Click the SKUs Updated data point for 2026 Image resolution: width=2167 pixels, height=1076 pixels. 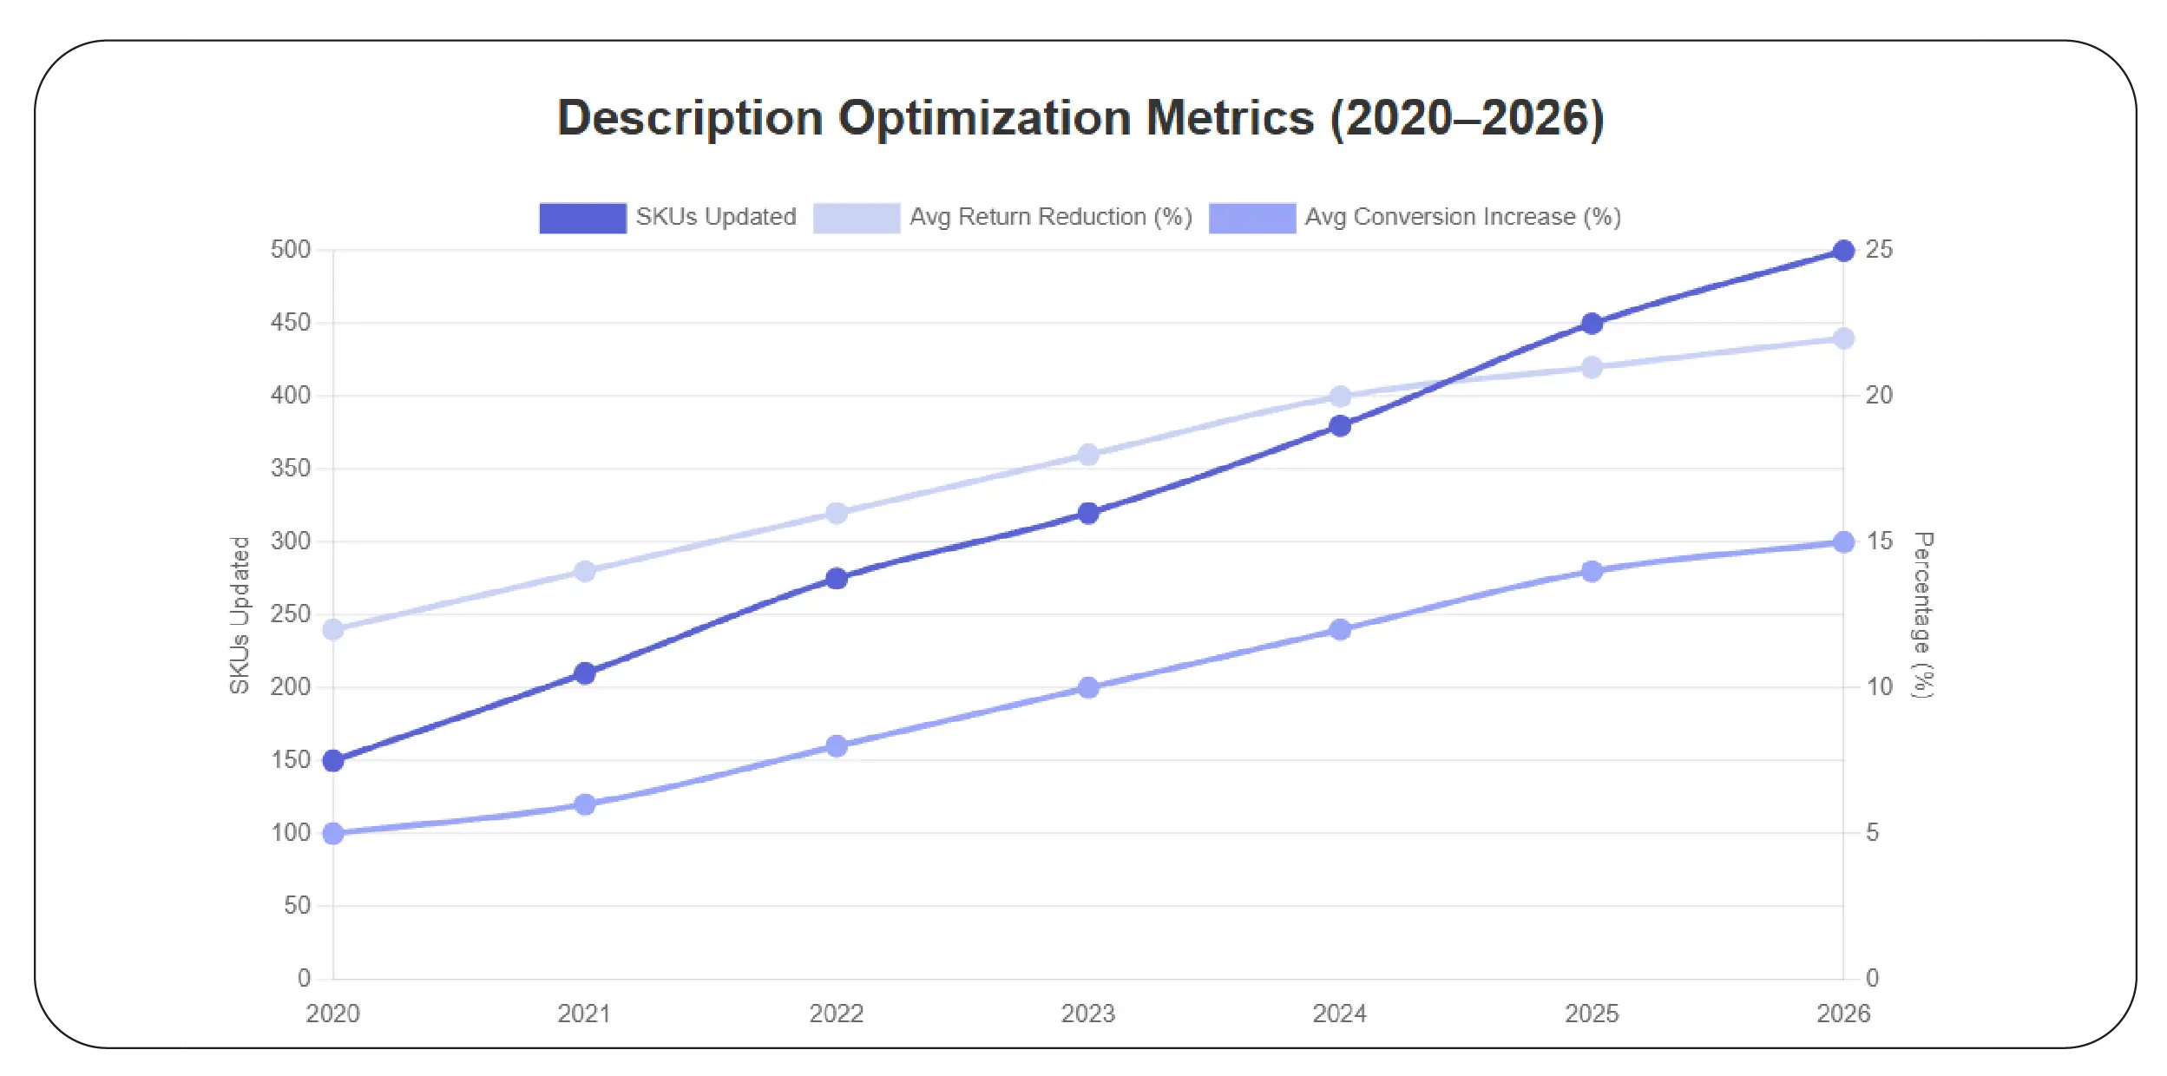(1842, 251)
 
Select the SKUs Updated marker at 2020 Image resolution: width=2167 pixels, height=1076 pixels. (333, 761)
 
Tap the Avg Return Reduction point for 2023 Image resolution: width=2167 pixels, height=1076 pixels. (1088, 455)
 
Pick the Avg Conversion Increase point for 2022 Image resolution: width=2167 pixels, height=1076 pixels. (837, 746)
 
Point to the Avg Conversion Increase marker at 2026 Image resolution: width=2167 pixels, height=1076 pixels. (1842, 542)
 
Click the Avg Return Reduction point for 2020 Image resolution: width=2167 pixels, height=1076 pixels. (333, 630)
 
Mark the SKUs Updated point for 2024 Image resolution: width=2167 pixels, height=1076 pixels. (1340, 426)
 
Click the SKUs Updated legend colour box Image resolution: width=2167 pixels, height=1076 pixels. (582, 218)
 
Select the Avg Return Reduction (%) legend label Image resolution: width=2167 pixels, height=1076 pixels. (1050, 217)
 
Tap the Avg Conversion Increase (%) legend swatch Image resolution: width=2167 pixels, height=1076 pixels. (1251, 218)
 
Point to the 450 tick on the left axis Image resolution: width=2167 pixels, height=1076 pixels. (290, 323)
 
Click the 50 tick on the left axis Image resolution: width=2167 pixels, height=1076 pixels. (297, 906)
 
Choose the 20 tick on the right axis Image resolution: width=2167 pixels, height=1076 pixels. (1879, 396)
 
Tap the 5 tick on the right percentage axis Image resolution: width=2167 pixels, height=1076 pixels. (1872, 833)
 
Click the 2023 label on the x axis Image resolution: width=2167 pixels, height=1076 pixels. (1088, 1014)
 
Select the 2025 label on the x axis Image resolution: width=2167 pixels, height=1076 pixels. (1591, 1014)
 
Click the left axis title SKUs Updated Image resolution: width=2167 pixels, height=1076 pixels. (240, 614)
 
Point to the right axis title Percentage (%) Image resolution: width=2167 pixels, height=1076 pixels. (1923, 614)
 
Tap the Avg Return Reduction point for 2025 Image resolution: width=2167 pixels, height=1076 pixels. (1591, 368)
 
